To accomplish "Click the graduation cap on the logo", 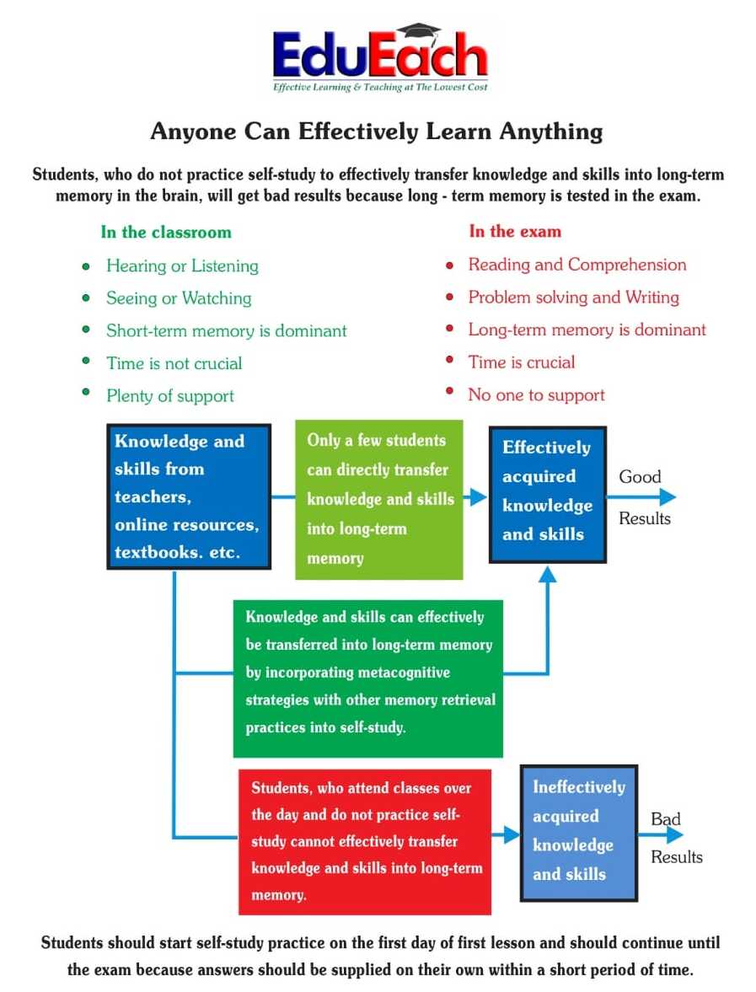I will [x=420, y=33].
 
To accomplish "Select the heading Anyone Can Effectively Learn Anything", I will [x=377, y=132].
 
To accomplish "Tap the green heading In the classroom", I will [x=165, y=232].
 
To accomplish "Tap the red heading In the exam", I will [x=514, y=231].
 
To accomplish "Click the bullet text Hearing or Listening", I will [x=182, y=265].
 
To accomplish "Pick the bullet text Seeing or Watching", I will [x=179, y=298].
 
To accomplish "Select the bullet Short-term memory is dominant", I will [x=226, y=331].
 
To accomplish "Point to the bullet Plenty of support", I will [x=170, y=396].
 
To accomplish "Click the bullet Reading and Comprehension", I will [x=577, y=265].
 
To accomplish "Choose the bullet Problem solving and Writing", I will [x=573, y=298].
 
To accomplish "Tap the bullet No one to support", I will [x=536, y=395].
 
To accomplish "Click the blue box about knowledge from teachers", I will [x=189, y=497].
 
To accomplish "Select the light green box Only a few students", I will [x=378, y=499].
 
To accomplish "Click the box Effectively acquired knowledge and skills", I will [x=548, y=495].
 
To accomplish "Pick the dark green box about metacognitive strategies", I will [x=368, y=678].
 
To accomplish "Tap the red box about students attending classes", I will [x=365, y=841].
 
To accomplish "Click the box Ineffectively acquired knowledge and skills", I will [x=577, y=832].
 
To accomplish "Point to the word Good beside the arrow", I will [x=640, y=477].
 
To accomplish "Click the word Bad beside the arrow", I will [x=665, y=819].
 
